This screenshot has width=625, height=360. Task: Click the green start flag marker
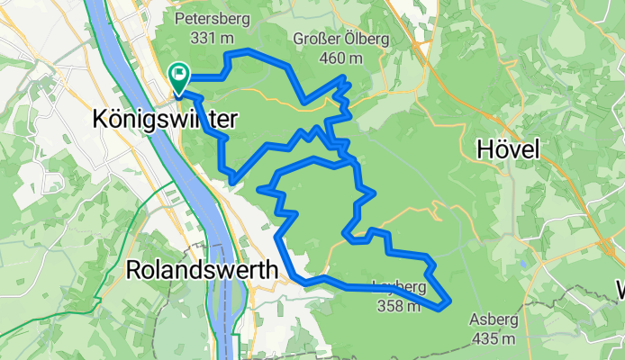point(178,76)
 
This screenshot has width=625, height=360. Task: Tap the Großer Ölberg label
point(329,39)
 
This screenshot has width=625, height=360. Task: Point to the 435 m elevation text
point(492,338)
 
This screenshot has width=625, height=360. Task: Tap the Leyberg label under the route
point(397,288)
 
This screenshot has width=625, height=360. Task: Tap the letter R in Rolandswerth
point(133,268)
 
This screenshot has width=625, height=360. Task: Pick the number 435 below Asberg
point(484,338)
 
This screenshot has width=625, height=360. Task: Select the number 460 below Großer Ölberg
point(331,58)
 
